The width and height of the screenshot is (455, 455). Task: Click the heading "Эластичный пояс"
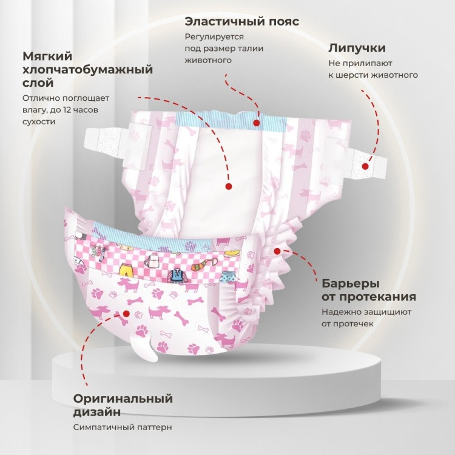click(x=242, y=21)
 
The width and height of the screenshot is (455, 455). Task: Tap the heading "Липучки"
click(x=357, y=48)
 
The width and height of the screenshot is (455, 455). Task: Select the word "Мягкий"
click(x=47, y=56)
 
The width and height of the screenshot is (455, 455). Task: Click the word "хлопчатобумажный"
click(x=87, y=70)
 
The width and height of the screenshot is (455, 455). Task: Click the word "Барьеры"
click(x=351, y=283)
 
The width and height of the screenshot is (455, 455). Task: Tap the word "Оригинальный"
click(x=123, y=399)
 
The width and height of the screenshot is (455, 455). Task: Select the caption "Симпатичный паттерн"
click(x=123, y=427)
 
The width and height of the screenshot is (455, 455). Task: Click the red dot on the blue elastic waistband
click(x=256, y=123)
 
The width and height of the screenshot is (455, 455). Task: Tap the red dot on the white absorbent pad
click(x=229, y=186)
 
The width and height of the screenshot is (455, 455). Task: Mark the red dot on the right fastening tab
click(x=365, y=166)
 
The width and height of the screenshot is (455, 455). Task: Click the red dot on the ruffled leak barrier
click(x=277, y=251)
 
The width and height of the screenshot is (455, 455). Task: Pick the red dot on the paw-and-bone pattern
click(x=126, y=314)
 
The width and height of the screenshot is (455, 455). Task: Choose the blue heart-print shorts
click(x=227, y=276)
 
